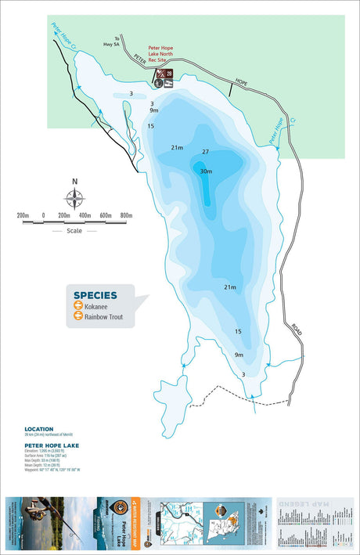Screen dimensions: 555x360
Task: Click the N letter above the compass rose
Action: click(x=75, y=182)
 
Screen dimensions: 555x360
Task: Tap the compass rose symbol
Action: click(x=75, y=199)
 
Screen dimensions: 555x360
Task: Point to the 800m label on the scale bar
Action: click(x=126, y=215)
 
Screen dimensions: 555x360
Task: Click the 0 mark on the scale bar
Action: click(x=44, y=215)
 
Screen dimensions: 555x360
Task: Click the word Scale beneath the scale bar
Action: click(x=75, y=231)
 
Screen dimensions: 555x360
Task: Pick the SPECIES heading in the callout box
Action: click(x=95, y=295)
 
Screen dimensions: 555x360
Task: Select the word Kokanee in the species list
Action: click(x=99, y=306)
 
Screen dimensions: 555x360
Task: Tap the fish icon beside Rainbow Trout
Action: click(x=78, y=317)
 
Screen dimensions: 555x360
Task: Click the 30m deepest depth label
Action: click(x=206, y=171)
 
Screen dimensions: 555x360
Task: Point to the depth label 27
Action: click(x=205, y=152)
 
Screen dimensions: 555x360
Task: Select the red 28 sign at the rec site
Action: click(x=168, y=74)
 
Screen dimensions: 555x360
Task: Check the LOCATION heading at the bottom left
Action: click(x=38, y=429)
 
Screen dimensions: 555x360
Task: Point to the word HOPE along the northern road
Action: click(x=240, y=81)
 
